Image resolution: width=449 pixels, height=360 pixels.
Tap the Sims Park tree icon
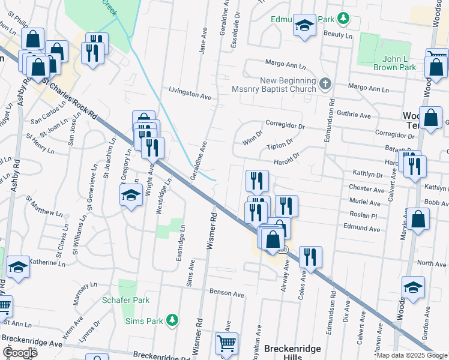(172, 320)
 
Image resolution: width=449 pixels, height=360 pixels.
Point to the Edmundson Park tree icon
(343, 19)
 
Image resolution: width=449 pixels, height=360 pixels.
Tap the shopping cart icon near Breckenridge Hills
(226, 343)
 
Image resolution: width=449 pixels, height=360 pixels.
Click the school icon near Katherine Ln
(18, 266)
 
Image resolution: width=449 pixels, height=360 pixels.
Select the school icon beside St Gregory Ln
(131, 196)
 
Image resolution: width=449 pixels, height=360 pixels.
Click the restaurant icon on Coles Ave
(310, 256)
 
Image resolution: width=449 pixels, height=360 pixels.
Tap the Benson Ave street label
(226, 295)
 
